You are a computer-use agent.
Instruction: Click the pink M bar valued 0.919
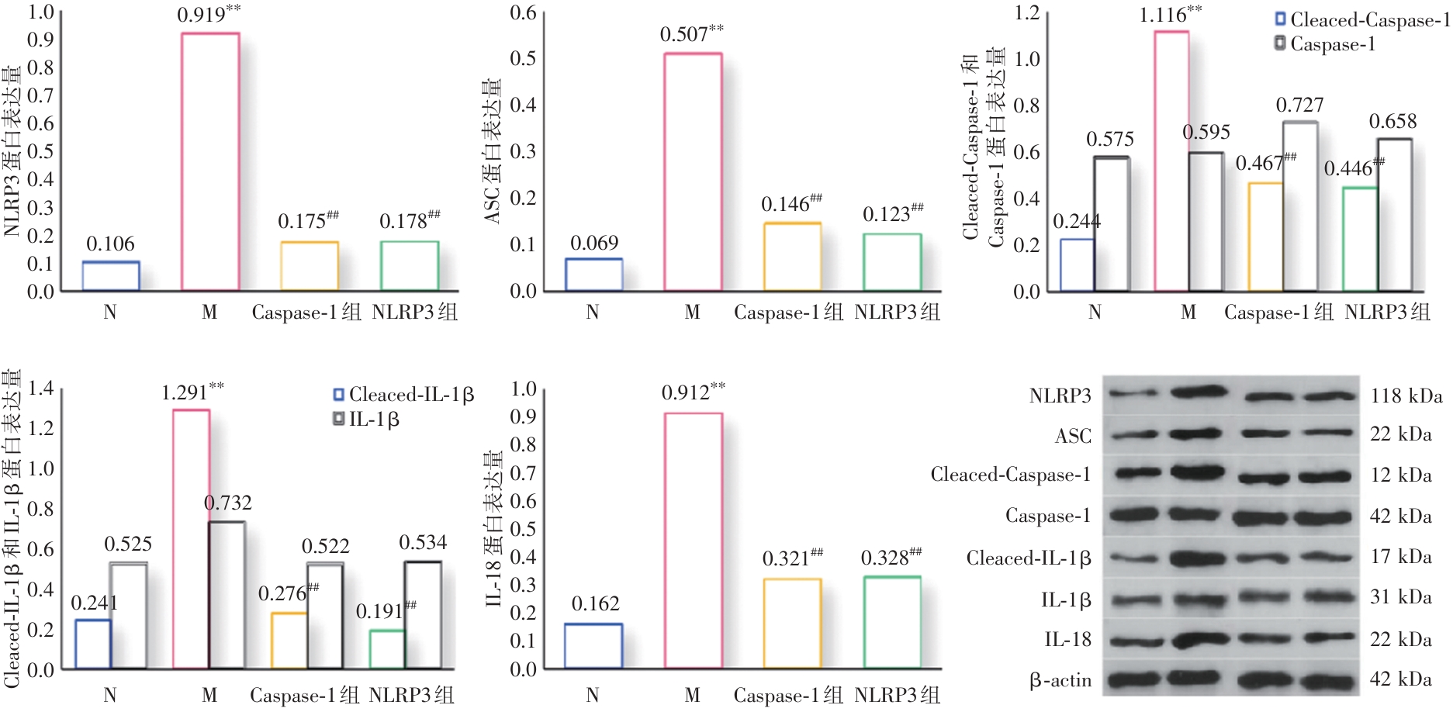point(210,161)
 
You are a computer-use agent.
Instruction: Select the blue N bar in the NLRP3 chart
point(111,276)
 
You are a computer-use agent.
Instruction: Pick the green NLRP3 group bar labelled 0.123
point(892,262)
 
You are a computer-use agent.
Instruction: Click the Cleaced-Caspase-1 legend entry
point(1362,20)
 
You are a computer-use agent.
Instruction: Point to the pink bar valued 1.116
point(1171,161)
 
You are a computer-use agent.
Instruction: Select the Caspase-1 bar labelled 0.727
point(1300,206)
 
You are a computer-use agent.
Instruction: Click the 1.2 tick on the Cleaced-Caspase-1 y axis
point(1026,12)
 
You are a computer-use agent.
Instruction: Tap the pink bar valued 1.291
point(191,538)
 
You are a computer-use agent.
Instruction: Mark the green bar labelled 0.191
point(386,649)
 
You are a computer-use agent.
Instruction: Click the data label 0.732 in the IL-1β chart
point(227,503)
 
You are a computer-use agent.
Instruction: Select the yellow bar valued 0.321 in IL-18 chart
point(792,623)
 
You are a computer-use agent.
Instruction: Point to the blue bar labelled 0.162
point(593,645)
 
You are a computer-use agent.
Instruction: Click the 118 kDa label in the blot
point(1406,396)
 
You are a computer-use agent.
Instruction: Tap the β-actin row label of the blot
point(1060,681)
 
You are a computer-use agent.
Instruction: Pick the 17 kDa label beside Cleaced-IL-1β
point(1400,557)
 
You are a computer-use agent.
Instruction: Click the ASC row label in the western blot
point(1073,437)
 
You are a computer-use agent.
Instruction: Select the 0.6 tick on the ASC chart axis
point(523,12)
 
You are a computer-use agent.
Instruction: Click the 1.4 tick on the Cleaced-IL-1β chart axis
point(40,388)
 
